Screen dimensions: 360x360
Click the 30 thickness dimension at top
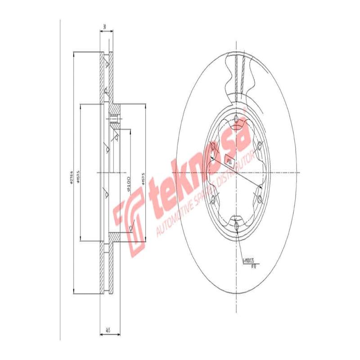click(x=105, y=27)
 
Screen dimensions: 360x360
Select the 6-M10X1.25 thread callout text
click(x=248, y=261)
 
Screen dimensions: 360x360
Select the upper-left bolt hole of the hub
click(x=214, y=147)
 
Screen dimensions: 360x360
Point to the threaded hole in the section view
click(x=113, y=120)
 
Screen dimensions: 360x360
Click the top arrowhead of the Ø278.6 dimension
click(x=73, y=54)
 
